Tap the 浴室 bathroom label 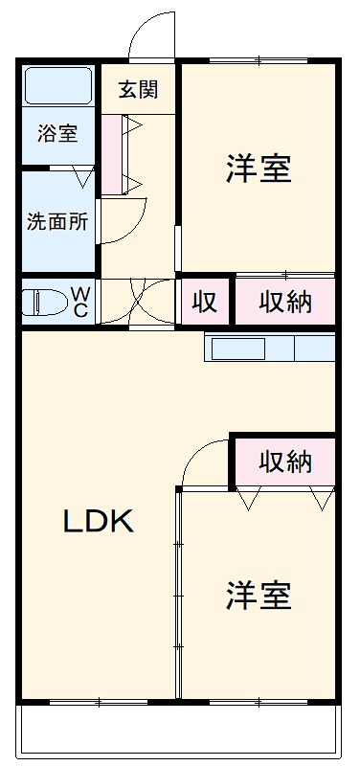[57, 133]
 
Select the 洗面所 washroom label [57, 220]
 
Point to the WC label [80, 302]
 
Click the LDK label [99, 522]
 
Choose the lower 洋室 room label [259, 596]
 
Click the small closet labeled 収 [204, 303]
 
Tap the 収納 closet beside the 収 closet [286, 303]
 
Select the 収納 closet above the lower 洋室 [286, 462]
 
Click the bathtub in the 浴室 [57, 86]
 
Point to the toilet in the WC [43, 303]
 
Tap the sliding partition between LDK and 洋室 [178, 594]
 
